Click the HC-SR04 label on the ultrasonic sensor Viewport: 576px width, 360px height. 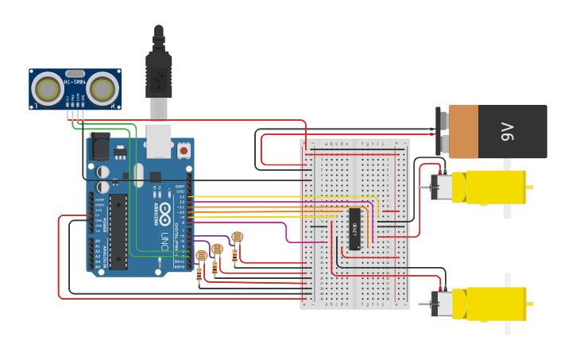75,82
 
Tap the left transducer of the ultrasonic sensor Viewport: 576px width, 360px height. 48,88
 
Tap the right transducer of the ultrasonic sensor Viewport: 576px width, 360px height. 102,88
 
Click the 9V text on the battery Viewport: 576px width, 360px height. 507,132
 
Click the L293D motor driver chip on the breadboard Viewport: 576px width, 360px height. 354,229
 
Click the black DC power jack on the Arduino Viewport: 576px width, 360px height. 99,145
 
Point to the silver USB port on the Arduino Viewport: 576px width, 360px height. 159,140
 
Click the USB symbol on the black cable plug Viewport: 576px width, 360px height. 159,75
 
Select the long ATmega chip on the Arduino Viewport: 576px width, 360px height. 118,230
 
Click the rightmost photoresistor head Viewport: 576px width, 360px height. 237,237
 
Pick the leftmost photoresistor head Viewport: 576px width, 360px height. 201,255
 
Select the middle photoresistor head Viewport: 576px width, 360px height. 217,249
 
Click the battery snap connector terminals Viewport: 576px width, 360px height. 442,131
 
